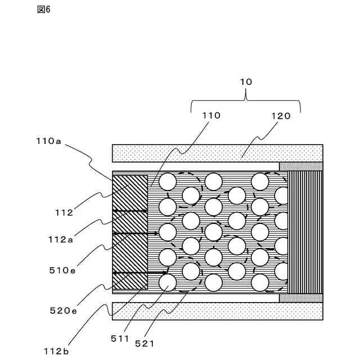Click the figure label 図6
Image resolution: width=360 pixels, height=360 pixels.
43,10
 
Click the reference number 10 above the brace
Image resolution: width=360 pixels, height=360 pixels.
246,82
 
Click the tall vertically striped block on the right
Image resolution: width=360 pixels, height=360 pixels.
305,232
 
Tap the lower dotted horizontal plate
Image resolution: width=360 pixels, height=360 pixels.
217,311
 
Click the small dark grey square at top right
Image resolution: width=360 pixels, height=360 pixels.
301,166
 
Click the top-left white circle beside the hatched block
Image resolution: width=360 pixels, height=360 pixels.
168,182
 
